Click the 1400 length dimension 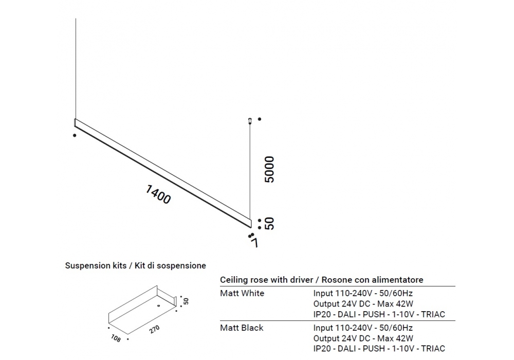point(158,194)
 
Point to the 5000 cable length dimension point(269,169)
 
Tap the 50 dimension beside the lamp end point(269,223)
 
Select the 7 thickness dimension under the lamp point(254,243)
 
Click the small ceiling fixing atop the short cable point(250,121)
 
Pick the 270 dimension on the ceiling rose point(155,329)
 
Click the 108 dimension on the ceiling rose point(116,338)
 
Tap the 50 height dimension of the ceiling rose point(186,301)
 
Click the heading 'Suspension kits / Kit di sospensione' point(135,265)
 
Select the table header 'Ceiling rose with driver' point(266,280)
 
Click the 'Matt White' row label point(242,293)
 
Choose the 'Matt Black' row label point(242,328)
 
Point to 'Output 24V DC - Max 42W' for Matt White point(363,303)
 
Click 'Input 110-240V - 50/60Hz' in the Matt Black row point(363,328)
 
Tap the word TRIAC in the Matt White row point(433,314)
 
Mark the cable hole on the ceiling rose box point(159,306)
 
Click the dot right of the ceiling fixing point(259,119)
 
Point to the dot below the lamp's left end point(75,135)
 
